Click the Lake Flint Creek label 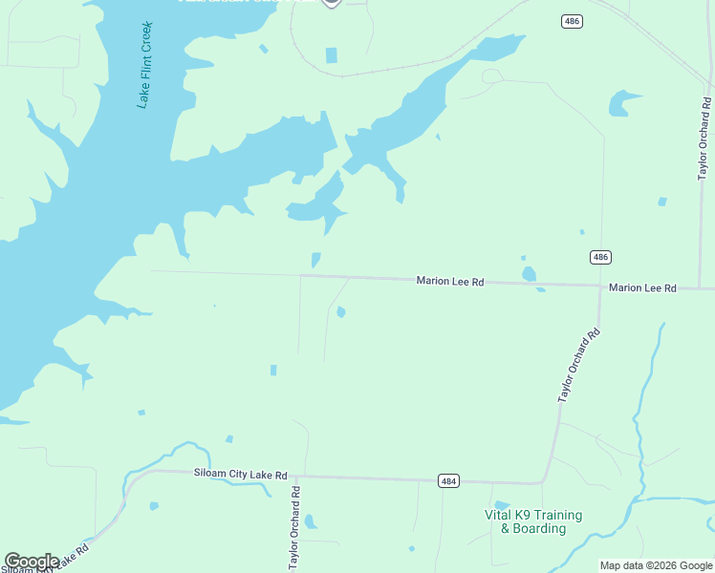[145, 64]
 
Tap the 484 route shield [448, 481]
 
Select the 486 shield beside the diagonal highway [572, 21]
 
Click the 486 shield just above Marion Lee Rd [599, 257]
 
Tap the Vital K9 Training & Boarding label [533, 521]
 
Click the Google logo [31, 562]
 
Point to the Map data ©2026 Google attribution [656, 565]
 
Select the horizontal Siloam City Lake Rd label [240, 475]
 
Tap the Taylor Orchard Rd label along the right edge [704, 138]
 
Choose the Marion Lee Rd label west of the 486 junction [450, 282]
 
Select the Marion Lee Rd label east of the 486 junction [642, 287]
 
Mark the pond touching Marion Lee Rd [529, 275]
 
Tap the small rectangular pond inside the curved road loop [332, 55]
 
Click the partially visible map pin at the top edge [331, 3]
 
